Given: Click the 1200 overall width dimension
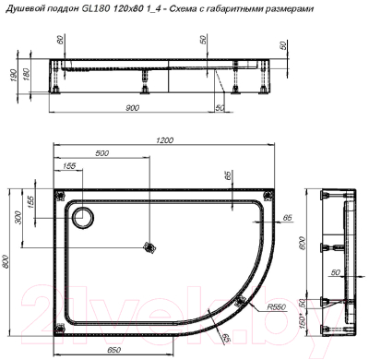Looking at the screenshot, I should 164,140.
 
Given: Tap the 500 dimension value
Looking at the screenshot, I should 101,152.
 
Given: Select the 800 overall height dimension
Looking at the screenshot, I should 6,262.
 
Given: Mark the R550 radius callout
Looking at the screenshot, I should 275,307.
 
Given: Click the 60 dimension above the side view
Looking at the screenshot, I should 62,42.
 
